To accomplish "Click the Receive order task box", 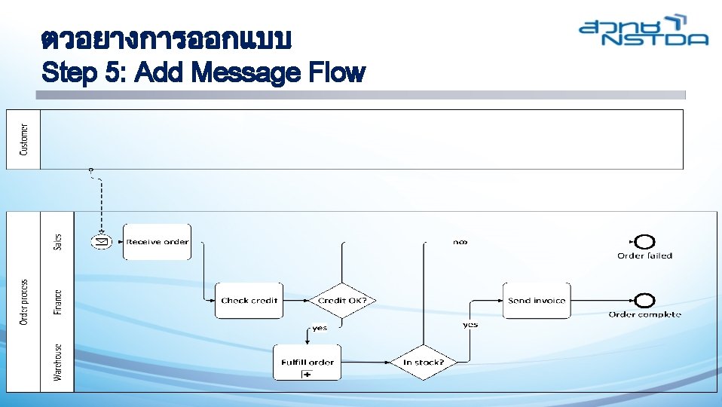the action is [157, 242].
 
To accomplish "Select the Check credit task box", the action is [249, 300].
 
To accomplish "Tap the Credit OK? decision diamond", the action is [342, 300].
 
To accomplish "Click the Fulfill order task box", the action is [307, 362].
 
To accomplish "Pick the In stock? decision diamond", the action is [424, 362].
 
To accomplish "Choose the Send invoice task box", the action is [537, 300].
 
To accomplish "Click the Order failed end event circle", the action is [644, 241].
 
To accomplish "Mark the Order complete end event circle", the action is [644, 300].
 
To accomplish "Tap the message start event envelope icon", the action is [102, 241].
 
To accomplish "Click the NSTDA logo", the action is [644, 31].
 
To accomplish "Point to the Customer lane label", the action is [23, 139].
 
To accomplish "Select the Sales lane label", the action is [58, 241].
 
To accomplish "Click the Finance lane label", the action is [58, 302].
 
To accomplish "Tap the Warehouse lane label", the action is [58, 362].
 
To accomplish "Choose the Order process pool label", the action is [23, 302].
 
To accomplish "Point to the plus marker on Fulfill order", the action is [307, 374].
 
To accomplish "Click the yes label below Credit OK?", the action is [320, 328].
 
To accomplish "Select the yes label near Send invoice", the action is [470, 325].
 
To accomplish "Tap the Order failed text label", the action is [644, 256].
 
